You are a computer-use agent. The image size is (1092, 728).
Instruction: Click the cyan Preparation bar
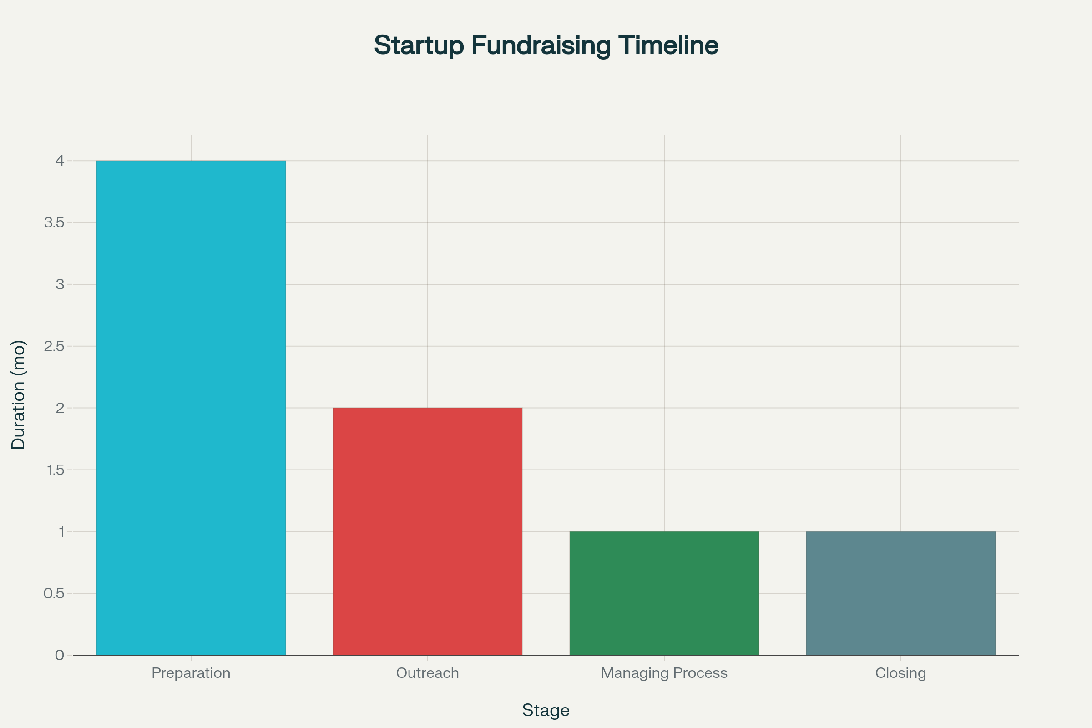(x=191, y=408)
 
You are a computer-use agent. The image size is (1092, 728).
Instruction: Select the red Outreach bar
(x=428, y=531)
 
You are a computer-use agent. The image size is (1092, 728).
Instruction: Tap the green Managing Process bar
(x=664, y=593)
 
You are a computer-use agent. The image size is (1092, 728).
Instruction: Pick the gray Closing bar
(x=901, y=593)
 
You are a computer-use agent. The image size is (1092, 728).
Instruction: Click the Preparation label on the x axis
(x=191, y=673)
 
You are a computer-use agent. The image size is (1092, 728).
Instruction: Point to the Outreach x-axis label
(x=428, y=673)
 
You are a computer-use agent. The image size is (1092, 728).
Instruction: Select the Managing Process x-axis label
(x=664, y=673)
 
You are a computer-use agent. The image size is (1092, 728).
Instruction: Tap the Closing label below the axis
(x=901, y=673)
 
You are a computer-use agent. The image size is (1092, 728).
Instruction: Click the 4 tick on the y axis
(x=60, y=161)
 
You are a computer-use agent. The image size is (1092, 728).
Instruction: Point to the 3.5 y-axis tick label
(x=54, y=222)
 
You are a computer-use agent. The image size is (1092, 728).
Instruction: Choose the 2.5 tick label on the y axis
(x=54, y=346)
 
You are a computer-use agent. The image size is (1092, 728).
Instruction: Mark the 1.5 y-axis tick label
(x=56, y=470)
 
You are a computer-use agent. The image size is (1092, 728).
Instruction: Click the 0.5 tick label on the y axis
(x=54, y=593)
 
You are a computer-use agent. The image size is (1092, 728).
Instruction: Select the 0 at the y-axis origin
(x=60, y=655)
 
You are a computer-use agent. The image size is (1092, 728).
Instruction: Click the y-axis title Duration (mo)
(x=19, y=395)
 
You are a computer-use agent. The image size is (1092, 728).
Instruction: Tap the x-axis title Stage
(x=546, y=710)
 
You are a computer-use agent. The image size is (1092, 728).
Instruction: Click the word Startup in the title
(x=419, y=46)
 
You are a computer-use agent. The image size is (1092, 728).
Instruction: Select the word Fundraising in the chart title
(x=541, y=46)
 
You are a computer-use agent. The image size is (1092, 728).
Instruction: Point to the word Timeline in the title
(x=668, y=45)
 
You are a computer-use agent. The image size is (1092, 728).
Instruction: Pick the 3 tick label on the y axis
(x=60, y=284)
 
